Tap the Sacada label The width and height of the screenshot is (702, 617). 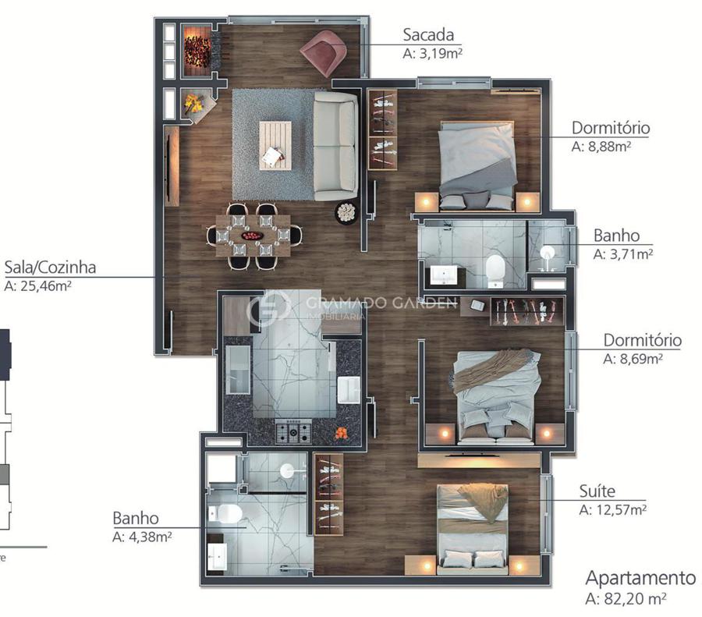(x=428, y=34)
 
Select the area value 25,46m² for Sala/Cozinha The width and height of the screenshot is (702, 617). (x=37, y=285)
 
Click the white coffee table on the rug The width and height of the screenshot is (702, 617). (x=275, y=146)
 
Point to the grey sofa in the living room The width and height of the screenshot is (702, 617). (x=335, y=146)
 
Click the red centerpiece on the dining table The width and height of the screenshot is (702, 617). (x=253, y=236)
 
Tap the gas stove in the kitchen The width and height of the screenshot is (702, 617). (x=293, y=431)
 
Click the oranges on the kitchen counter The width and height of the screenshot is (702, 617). (x=342, y=433)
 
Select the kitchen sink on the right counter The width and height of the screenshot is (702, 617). (x=349, y=389)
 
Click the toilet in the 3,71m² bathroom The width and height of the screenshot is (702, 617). (x=495, y=270)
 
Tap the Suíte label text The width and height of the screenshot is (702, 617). (x=597, y=491)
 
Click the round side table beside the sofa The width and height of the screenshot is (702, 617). (x=346, y=213)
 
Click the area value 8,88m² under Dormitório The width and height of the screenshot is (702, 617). (x=609, y=147)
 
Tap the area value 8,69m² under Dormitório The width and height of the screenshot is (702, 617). (x=641, y=359)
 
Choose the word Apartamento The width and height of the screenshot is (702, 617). (x=640, y=577)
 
